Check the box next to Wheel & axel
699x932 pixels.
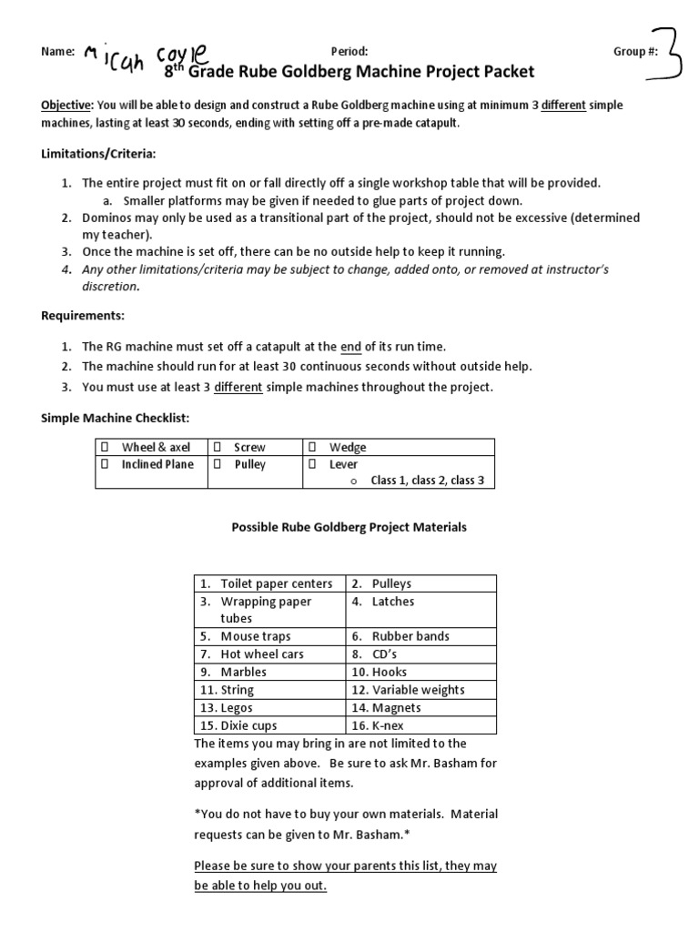click(x=105, y=447)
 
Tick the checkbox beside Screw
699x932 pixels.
click(x=218, y=447)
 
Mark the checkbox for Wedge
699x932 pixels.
click(x=313, y=447)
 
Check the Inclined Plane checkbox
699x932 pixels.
click(x=105, y=464)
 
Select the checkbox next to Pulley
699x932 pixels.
click(x=218, y=464)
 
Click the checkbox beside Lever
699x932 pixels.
click(x=313, y=464)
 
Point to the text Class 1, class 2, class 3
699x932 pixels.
click(x=427, y=481)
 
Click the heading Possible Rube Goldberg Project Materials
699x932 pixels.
click(x=349, y=527)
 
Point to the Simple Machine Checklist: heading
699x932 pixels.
click(x=114, y=417)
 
